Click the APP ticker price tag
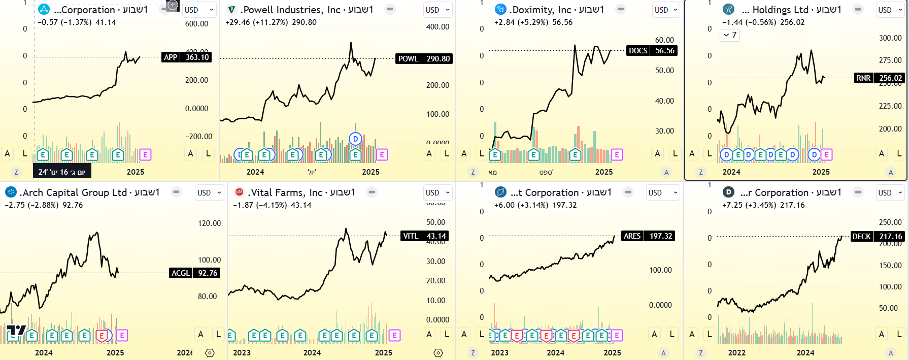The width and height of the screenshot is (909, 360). pyautogui.click(x=186, y=57)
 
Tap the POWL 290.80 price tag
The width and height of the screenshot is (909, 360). pyautogui.click(x=424, y=59)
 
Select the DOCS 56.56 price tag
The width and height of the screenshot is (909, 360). pyautogui.click(x=652, y=51)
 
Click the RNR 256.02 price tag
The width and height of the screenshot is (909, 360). pyautogui.click(x=880, y=78)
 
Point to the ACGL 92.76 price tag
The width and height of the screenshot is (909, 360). pyautogui.click(x=194, y=273)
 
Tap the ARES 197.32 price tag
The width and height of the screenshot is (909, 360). pyautogui.click(x=648, y=236)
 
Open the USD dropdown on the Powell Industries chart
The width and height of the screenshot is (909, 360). pyautogui.click(x=438, y=10)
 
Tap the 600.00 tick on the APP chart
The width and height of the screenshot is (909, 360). pyautogui.click(x=196, y=24)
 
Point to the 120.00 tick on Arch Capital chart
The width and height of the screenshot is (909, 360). pyautogui.click(x=209, y=223)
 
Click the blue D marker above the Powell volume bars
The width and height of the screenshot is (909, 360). pyautogui.click(x=355, y=139)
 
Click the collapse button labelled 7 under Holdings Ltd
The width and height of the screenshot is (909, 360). pyautogui.click(x=729, y=35)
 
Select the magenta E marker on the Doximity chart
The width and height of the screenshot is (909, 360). pyautogui.click(x=617, y=154)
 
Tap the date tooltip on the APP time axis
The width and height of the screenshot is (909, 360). pyautogui.click(x=62, y=172)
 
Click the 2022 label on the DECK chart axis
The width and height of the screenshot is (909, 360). pyautogui.click(x=737, y=353)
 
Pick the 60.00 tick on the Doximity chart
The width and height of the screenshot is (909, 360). pyautogui.click(x=664, y=40)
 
